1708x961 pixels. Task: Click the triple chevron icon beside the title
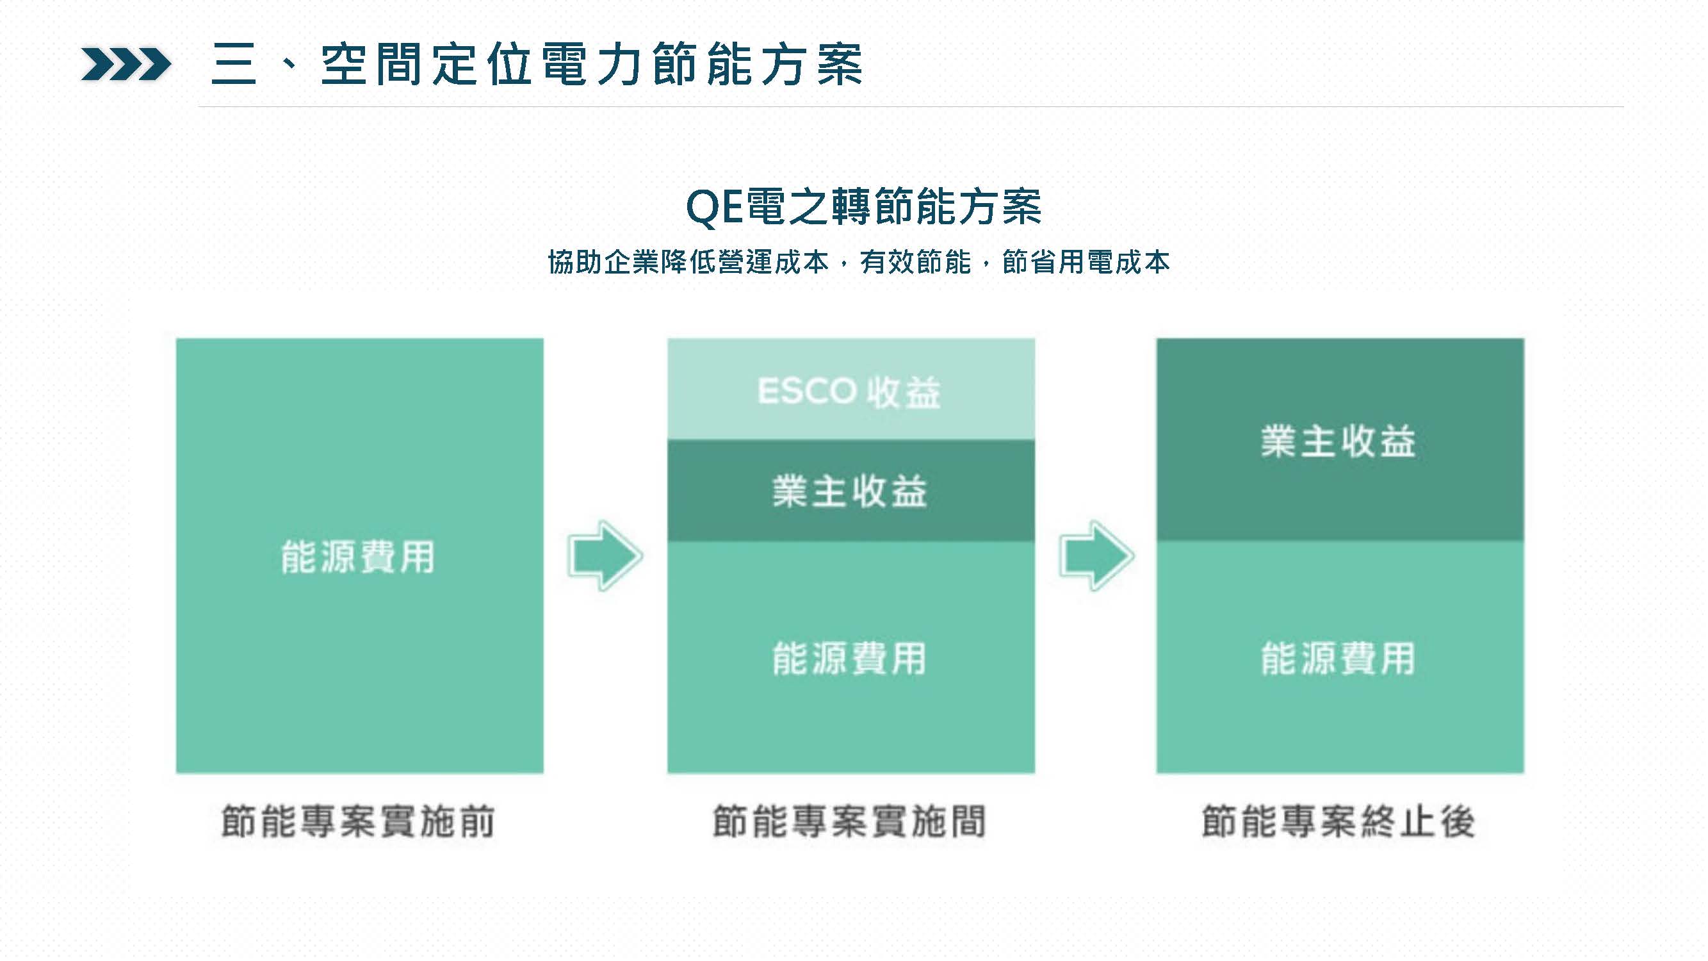[x=126, y=64]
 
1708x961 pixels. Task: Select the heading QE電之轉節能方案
[x=863, y=206]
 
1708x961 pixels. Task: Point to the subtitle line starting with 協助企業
[x=859, y=262]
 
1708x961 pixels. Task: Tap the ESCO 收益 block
[x=850, y=390]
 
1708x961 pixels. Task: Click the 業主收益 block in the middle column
[x=850, y=491]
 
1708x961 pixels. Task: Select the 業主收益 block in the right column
[x=1340, y=440]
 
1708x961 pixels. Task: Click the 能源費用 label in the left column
[x=358, y=557]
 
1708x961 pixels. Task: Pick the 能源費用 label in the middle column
[x=849, y=659]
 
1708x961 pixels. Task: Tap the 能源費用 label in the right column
[x=1338, y=659]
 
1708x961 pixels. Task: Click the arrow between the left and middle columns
[x=605, y=555]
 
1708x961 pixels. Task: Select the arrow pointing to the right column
[x=1096, y=555]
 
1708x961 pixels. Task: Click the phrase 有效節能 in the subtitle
[x=916, y=262]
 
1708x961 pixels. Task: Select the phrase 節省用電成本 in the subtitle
[x=1086, y=262]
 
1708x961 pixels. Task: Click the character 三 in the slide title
[x=233, y=64]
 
